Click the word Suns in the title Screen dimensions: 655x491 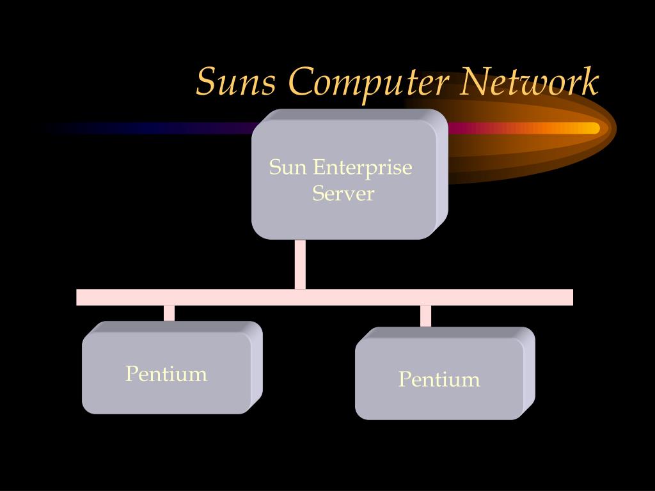(237, 81)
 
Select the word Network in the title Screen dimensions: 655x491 (529, 81)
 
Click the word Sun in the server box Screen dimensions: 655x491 (288, 168)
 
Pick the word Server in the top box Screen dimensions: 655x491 (343, 193)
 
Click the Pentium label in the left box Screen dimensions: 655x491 (166, 373)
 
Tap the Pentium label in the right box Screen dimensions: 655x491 (439, 379)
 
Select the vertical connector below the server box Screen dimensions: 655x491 (300, 264)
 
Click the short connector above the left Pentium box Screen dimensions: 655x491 (169, 313)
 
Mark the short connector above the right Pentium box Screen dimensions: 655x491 (425, 316)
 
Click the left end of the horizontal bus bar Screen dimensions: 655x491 (77, 297)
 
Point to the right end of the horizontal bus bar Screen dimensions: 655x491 (572, 297)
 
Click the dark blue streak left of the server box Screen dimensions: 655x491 (150, 128)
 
